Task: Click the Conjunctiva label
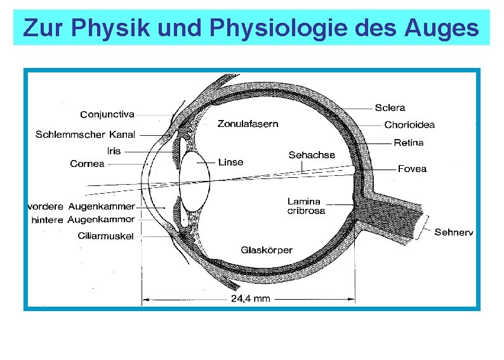[107, 115]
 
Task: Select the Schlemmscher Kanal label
[86, 135]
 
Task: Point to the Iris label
[114, 151]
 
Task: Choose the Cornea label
[87, 164]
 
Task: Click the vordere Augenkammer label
[81, 206]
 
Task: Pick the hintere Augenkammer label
[83, 220]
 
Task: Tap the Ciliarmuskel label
[106, 236]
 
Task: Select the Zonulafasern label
[248, 124]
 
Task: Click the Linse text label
[230, 162]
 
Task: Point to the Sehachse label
[312, 155]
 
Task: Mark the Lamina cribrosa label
[306, 206]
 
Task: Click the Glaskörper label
[267, 250]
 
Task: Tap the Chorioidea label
[409, 125]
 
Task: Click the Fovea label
[412, 169]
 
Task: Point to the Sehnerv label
[454, 232]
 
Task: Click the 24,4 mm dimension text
[250, 298]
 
